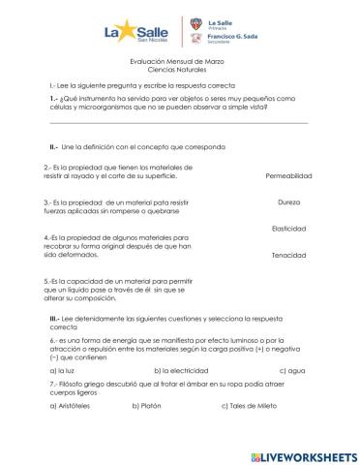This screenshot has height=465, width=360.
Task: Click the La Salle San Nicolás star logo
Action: point(134,34)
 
